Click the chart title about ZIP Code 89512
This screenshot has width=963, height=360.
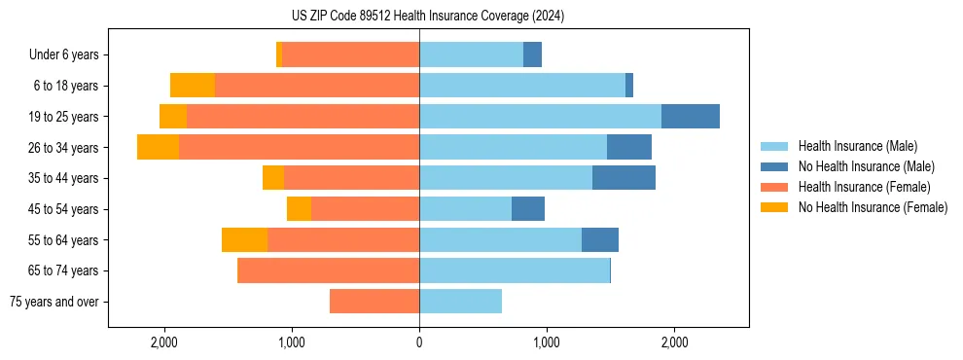[x=428, y=16]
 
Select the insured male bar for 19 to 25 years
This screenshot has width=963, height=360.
[x=540, y=116]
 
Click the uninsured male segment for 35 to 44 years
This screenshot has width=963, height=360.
[x=624, y=178]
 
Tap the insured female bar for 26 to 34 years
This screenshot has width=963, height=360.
[x=299, y=147]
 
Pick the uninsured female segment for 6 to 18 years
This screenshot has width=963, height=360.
[x=193, y=86]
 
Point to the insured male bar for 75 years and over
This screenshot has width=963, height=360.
[x=460, y=302]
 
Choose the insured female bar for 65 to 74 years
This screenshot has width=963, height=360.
[x=329, y=270]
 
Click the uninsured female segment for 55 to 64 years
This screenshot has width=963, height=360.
[x=244, y=239]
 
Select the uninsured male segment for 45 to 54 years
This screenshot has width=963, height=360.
[x=528, y=208]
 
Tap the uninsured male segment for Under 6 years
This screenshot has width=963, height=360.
[x=532, y=54]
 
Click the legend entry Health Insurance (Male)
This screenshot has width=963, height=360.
[x=857, y=146]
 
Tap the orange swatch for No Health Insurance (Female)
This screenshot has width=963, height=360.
[x=774, y=207]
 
